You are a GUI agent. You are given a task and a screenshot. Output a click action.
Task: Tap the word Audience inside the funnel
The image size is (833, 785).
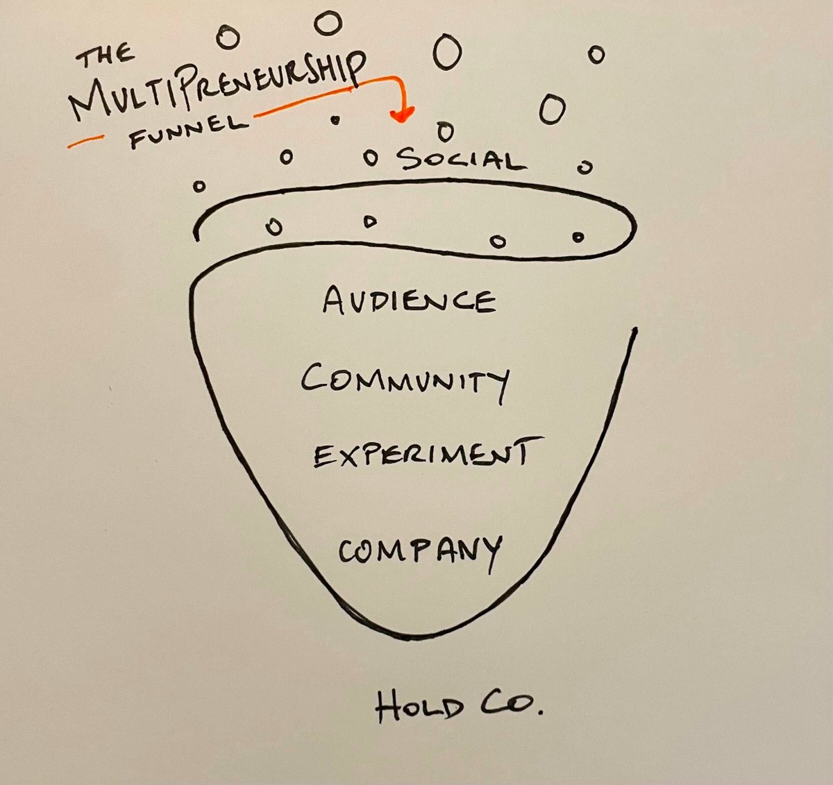coord(410,301)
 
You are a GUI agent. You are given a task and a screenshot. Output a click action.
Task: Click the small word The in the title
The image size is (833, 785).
coord(106,55)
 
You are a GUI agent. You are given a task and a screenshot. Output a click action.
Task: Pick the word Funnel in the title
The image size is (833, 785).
coord(188,132)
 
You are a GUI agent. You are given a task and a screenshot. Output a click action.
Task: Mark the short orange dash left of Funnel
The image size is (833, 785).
coord(84,142)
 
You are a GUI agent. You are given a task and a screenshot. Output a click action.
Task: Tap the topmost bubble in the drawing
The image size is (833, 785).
coord(328,23)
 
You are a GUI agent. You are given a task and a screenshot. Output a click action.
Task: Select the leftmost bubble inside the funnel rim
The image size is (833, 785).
coord(276,226)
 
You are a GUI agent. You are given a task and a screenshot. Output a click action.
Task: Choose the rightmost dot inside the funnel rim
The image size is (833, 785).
coord(578,237)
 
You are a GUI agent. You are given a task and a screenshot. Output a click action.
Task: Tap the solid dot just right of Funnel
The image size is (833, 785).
coord(335,120)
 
